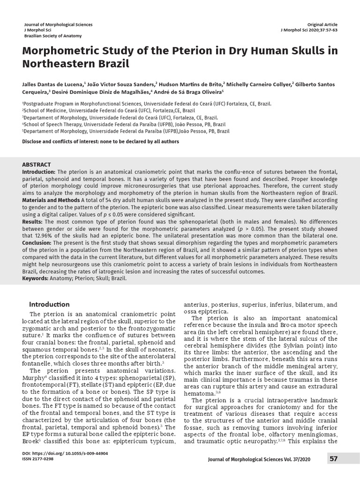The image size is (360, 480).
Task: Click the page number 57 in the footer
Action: pyautogui.click(x=333, y=459)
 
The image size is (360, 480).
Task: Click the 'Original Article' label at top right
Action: pyautogui.click(x=322, y=24)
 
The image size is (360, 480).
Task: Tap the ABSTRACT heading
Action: pyautogui.click(x=37, y=165)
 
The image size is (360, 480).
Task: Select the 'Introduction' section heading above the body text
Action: pyautogui.click(x=49, y=304)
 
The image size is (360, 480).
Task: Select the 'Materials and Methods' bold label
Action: pyautogui.click(x=51, y=200)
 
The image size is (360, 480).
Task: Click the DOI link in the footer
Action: pyautogui.click(x=65, y=454)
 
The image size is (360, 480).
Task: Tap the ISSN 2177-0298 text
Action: pyautogui.click(x=38, y=459)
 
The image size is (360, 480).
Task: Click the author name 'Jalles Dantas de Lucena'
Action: pyautogui.click(x=52, y=84)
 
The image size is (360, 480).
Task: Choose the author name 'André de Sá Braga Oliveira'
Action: pyautogui.click(x=190, y=92)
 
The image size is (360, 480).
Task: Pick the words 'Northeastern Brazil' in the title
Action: pyautogui.click(x=75, y=63)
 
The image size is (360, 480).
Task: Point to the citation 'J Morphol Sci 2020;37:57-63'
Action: pyautogui.click(x=308, y=30)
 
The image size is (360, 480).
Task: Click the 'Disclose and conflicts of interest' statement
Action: pyautogui.click(x=101, y=141)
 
